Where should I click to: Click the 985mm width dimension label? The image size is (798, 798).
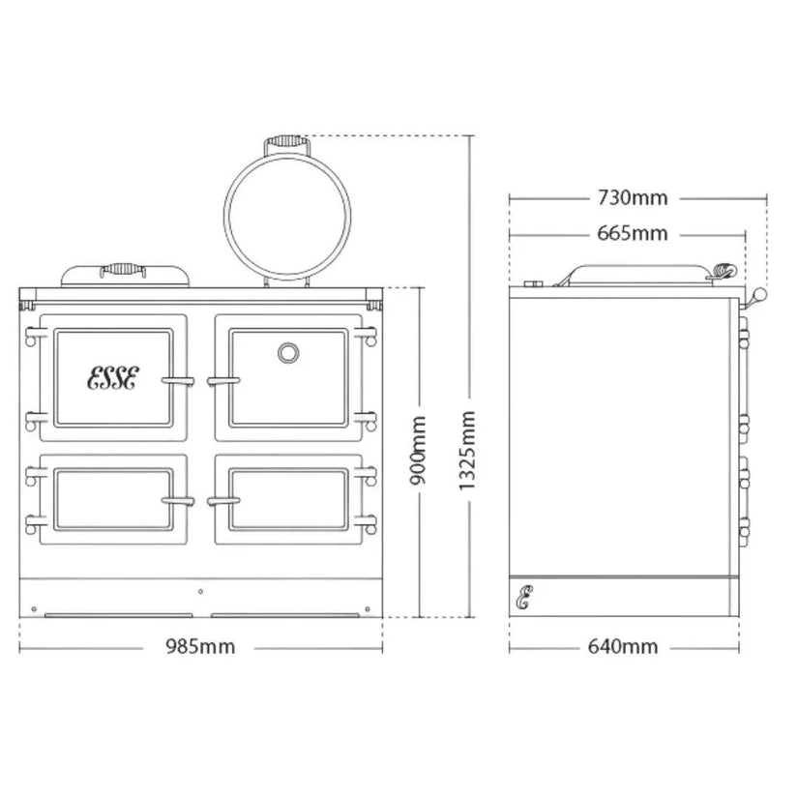click(200, 647)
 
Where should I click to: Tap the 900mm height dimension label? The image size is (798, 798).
click(418, 451)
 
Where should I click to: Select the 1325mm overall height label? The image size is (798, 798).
click(467, 451)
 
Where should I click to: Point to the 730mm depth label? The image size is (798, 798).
click(632, 197)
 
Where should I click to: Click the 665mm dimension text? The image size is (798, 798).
click(632, 234)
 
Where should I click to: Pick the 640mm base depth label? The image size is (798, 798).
click(623, 647)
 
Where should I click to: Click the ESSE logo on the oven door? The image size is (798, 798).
click(113, 377)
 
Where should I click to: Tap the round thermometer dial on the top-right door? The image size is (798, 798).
click(288, 353)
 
